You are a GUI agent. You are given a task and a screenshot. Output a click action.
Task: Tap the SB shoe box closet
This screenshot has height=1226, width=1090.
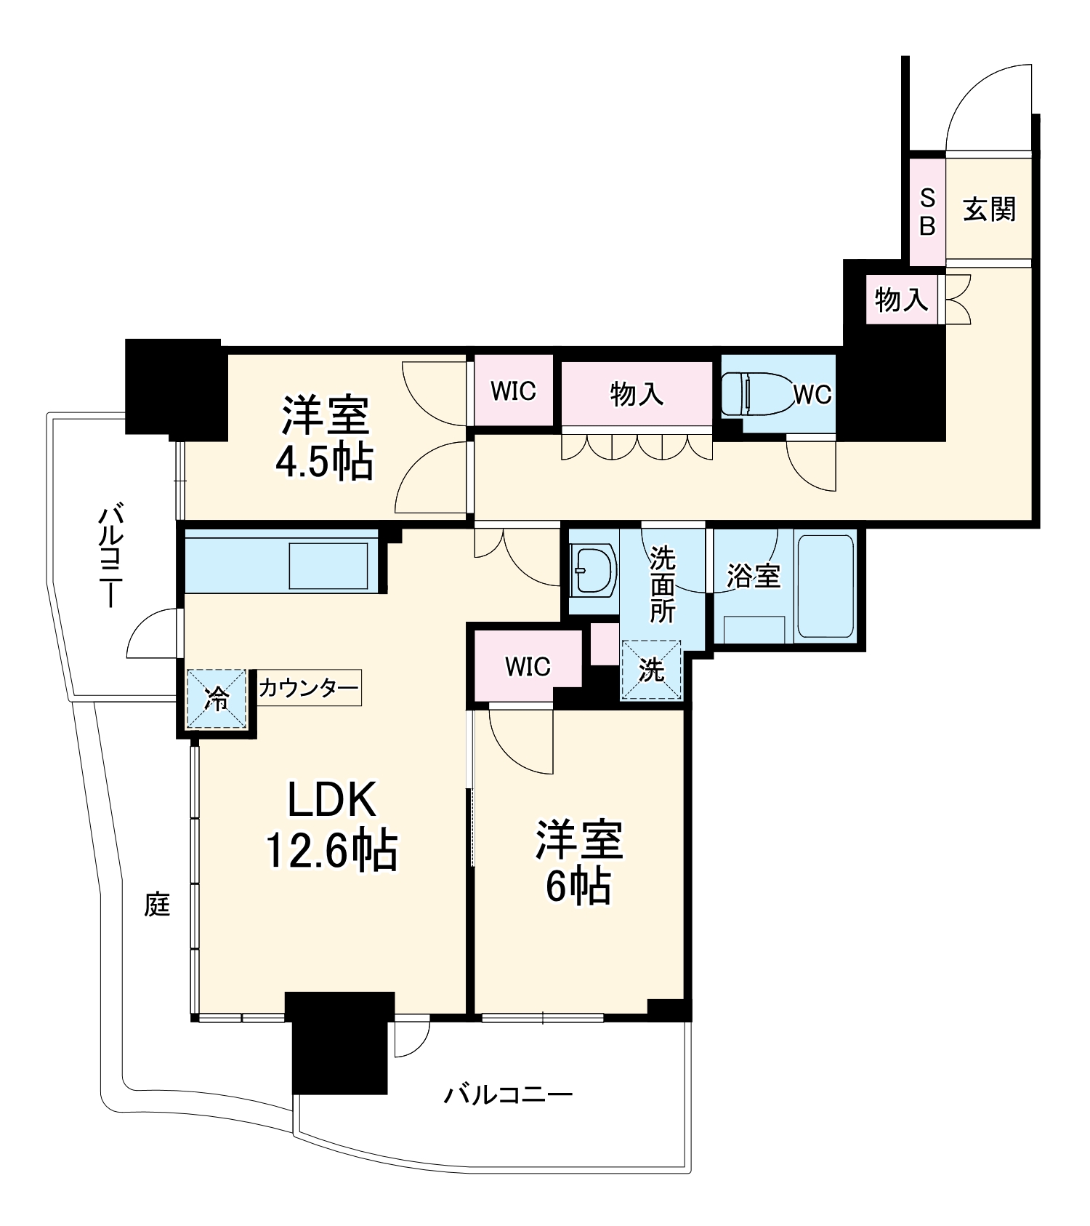926,212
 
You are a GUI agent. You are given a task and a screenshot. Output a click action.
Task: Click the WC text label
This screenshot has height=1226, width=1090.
812,395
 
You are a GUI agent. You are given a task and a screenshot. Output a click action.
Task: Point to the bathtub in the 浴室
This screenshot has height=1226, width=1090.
825,585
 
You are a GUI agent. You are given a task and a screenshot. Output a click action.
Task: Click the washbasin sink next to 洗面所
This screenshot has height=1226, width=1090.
592,571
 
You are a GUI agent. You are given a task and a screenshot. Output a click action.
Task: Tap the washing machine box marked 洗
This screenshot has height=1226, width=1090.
651,670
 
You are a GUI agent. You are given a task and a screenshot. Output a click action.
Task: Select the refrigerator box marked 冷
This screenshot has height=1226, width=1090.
217,699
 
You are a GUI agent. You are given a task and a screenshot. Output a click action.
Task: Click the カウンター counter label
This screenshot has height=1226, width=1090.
309,688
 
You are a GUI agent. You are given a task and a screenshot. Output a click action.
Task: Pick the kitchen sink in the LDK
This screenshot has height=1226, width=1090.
328,566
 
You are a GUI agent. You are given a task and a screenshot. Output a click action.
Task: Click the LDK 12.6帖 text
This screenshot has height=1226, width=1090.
331,825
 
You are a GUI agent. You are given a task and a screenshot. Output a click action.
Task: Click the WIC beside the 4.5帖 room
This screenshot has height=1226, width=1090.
513,391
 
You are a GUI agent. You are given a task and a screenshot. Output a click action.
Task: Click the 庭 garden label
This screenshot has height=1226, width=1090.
157,905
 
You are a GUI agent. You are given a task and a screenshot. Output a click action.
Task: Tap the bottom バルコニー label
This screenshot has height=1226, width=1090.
508,1094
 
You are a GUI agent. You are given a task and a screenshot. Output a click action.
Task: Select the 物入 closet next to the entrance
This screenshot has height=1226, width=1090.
901,299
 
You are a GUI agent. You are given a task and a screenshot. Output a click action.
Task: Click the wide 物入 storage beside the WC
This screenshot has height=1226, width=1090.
637,394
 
